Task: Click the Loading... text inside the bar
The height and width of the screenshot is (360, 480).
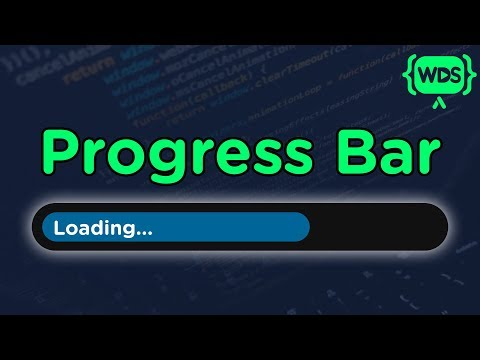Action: click(x=103, y=228)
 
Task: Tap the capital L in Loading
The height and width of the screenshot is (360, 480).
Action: click(x=59, y=227)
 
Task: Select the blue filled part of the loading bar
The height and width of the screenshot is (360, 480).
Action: click(x=220, y=227)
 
